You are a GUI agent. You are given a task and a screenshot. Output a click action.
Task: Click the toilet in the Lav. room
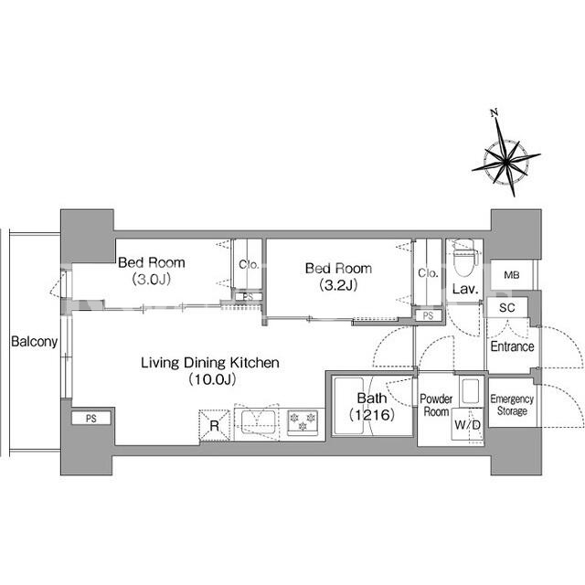tap(463, 258)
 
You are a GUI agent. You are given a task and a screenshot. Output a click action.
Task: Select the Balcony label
tap(35, 342)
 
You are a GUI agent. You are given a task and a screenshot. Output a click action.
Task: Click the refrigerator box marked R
tap(215, 426)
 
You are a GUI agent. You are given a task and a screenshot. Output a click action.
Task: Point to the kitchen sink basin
tap(258, 422)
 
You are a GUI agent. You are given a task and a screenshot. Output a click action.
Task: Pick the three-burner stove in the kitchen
tap(303, 422)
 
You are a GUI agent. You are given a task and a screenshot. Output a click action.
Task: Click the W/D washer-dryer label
tap(467, 424)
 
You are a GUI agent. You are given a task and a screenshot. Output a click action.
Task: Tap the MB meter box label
tap(512, 275)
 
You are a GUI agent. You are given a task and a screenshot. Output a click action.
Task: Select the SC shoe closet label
tap(507, 308)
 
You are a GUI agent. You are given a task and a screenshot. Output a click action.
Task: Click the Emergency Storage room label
tap(512, 405)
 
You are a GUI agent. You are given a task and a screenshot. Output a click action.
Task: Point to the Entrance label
tap(512, 346)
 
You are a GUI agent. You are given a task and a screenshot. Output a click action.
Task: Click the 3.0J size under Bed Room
tap(152, 279)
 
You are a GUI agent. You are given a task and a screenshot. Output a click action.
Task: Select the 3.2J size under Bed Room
tap(338, 285)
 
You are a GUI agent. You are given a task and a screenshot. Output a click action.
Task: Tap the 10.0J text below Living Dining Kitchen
tap(212, 379)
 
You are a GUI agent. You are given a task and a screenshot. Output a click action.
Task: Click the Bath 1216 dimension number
tap(372, 414)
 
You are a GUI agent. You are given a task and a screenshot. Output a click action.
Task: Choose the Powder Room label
tap(436, 405)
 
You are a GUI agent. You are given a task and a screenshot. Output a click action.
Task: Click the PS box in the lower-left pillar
tap(91, 419)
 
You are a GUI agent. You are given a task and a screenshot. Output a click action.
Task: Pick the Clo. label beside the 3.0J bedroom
tap(249, 265)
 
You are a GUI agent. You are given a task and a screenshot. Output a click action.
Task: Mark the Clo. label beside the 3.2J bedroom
tap(428, 273)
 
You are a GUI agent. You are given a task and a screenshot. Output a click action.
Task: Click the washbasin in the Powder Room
tap(470, 391)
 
